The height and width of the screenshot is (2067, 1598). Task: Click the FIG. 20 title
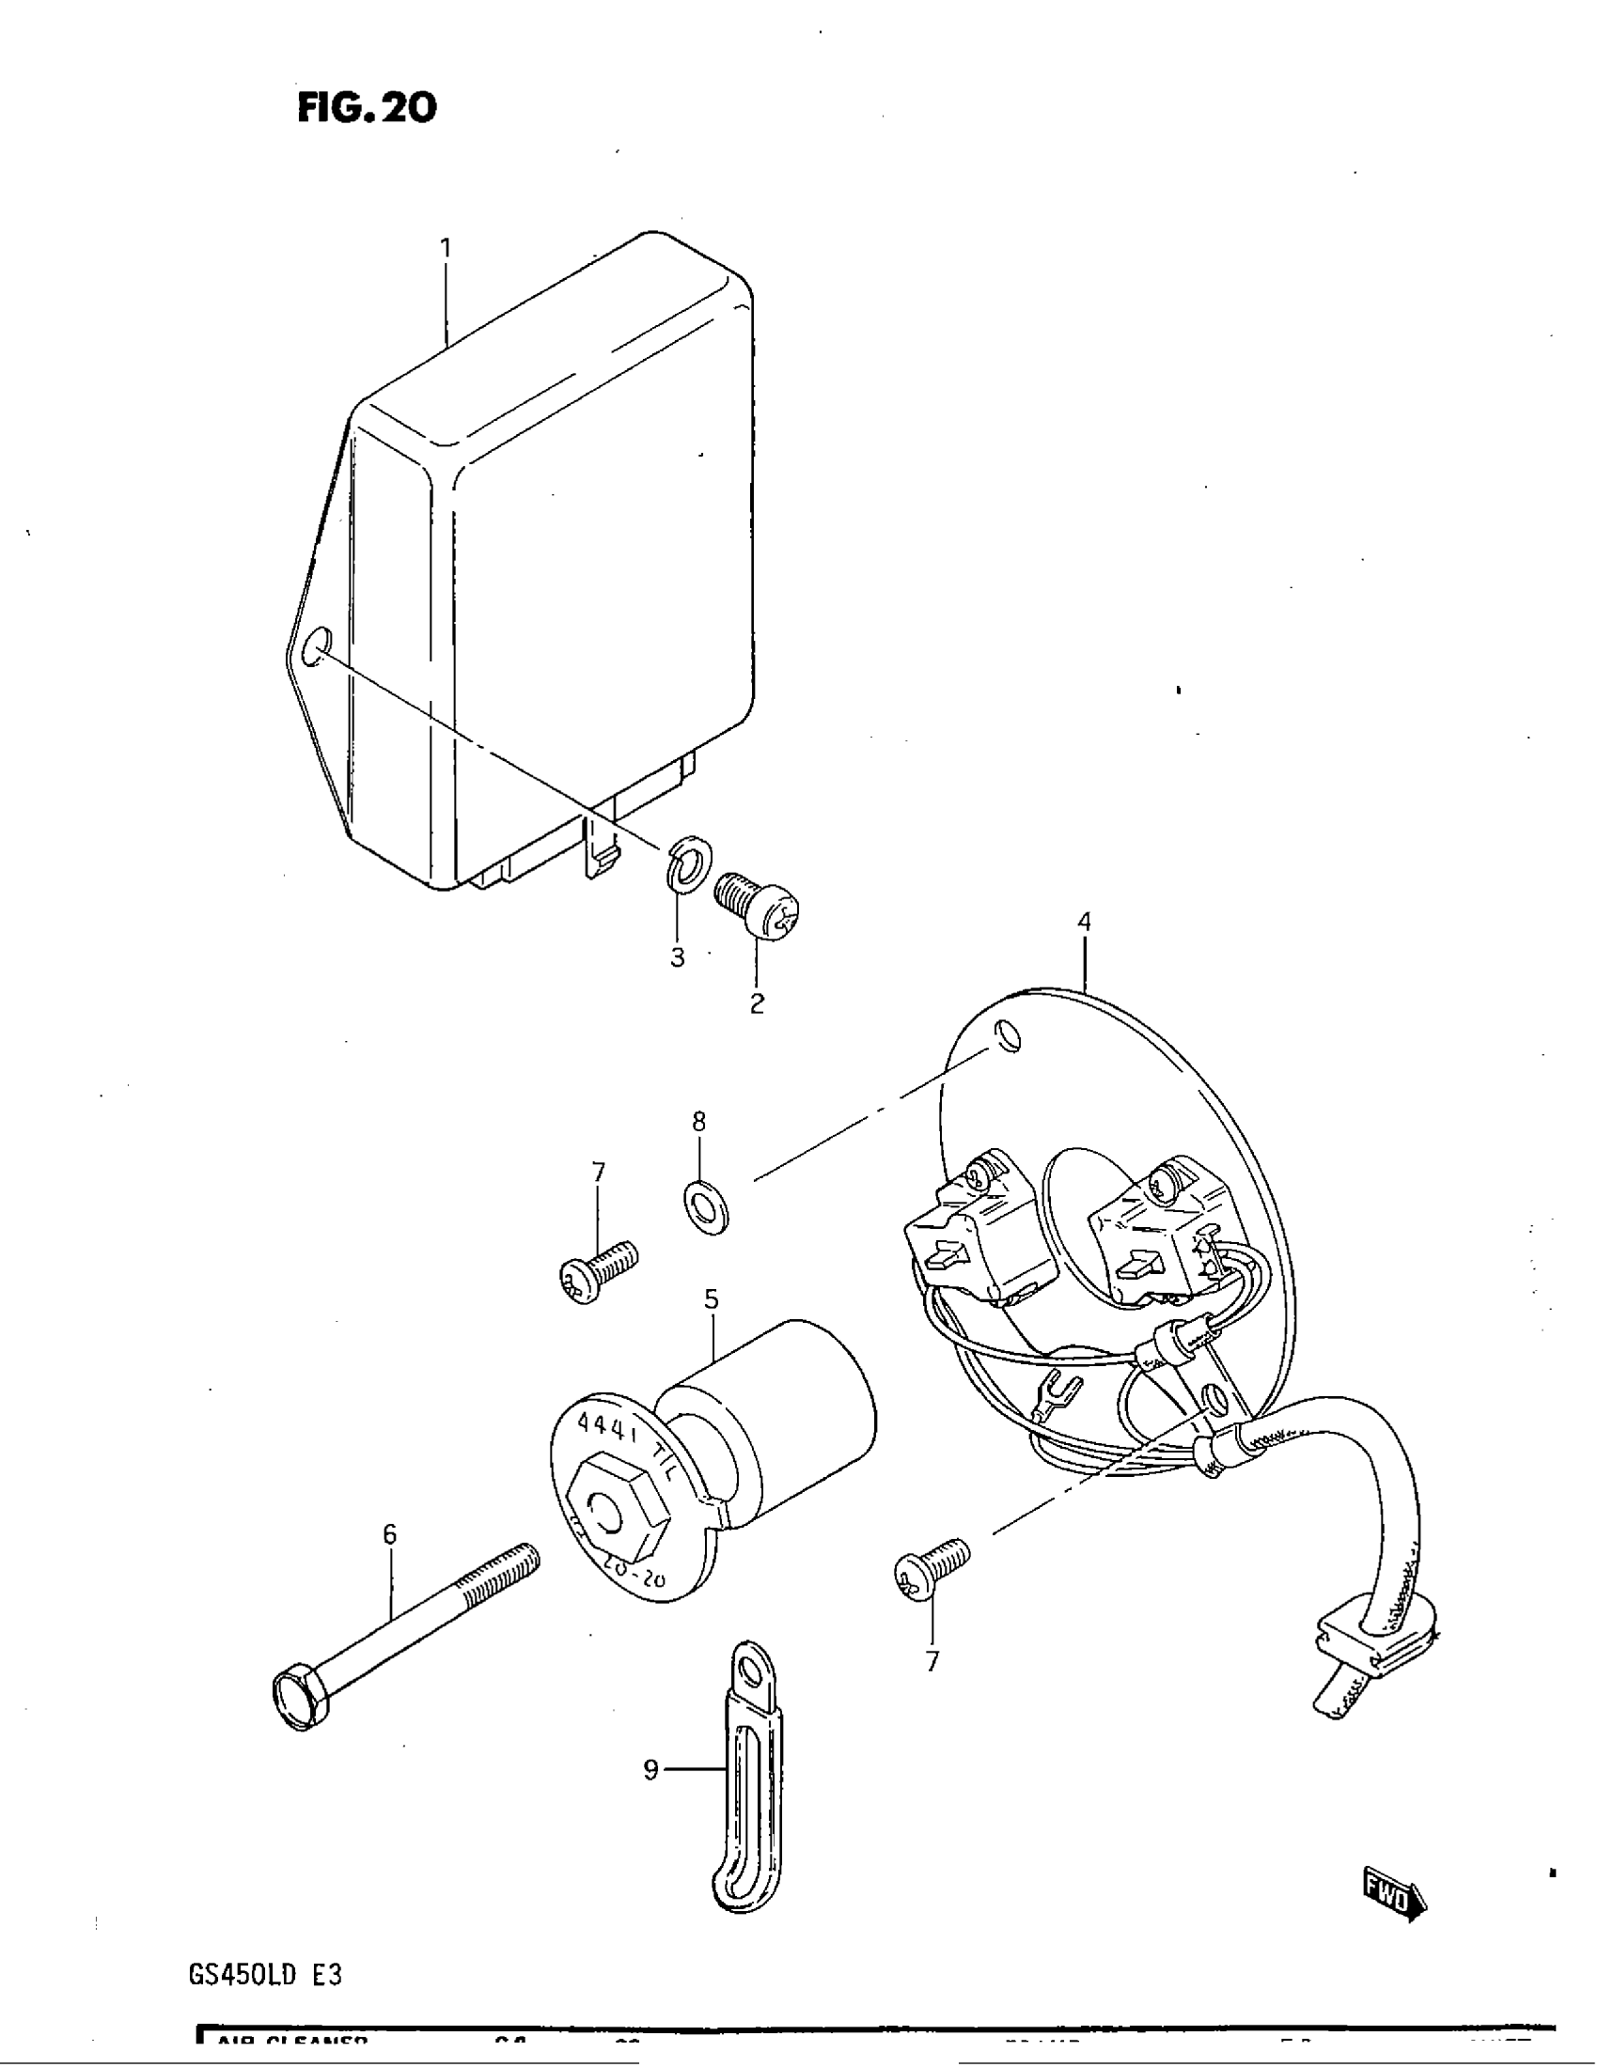coord(368,107)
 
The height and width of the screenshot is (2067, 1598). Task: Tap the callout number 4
coord(1084,921)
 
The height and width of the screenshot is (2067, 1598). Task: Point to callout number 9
coord(650,1770)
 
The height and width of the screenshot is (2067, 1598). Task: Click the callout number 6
coord(390,1534)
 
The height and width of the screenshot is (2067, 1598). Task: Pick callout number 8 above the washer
coord(698,1122)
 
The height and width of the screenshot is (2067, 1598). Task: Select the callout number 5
coord(711,1299)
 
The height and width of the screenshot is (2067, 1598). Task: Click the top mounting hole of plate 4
coord(1010,1038)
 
